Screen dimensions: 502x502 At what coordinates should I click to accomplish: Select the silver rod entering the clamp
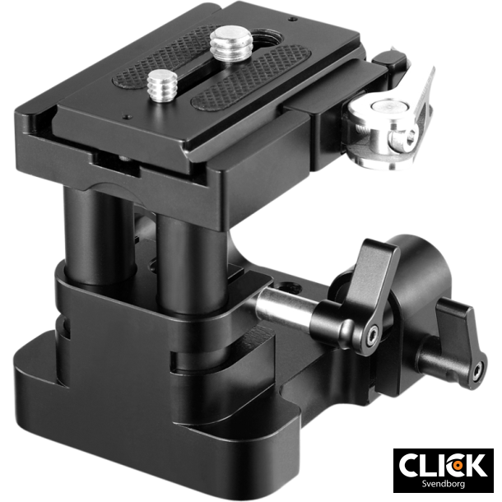click(x=284, y=309)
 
